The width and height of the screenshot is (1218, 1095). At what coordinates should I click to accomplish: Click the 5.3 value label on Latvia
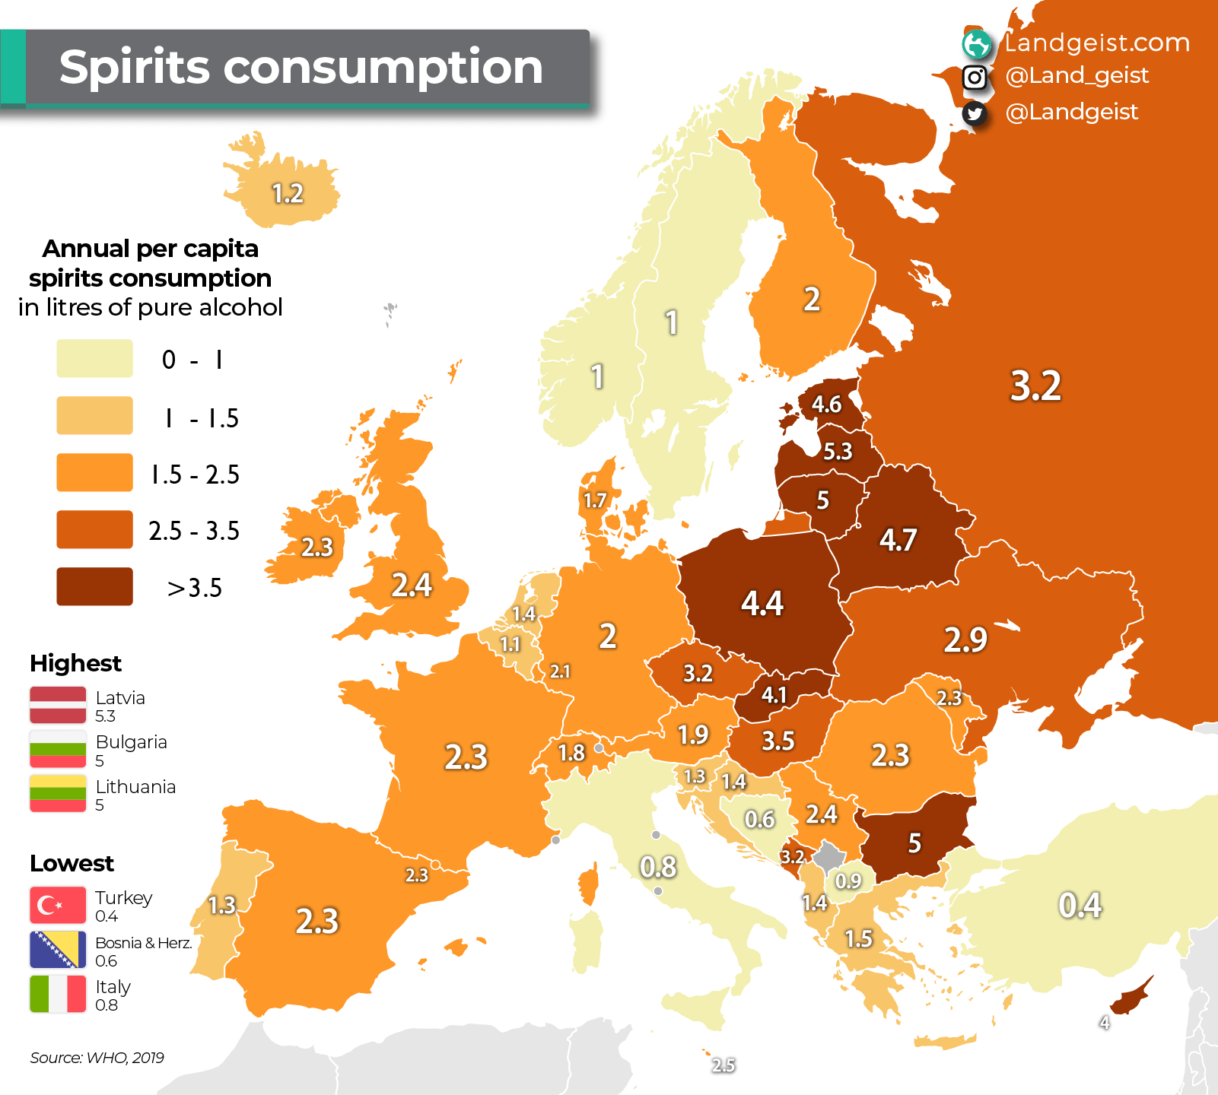[x=838, y=451]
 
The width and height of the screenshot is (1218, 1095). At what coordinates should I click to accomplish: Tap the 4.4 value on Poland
[x=762, y=603]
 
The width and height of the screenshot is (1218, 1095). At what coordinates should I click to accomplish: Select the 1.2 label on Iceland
[x=288, y=193]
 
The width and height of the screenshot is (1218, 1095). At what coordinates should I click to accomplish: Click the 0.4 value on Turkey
[x=1080, y=905]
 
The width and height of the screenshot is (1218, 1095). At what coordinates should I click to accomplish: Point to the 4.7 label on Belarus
[x=898, y=540]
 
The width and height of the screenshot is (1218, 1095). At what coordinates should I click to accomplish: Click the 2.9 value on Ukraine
[x=965, y=640]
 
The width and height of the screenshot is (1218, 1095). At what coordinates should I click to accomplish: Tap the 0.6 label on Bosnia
[x=759, y=819]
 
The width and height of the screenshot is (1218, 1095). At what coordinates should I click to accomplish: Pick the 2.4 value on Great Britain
[x=411, y=585]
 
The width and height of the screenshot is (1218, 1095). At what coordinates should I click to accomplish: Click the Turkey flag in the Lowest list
[x=58, y=905]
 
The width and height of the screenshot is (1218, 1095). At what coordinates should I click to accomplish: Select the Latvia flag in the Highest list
[x=58, y=705]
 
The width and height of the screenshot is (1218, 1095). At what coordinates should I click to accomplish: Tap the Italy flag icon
[x=58, y=994]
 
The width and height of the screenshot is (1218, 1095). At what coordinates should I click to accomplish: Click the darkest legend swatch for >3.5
[x=94, y=586]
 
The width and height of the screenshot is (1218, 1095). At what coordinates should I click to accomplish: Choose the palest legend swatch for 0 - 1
[x=94, y=358]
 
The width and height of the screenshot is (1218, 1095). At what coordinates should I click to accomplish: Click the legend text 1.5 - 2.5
[x=195, y=474]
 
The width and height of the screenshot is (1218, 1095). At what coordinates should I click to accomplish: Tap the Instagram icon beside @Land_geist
[x=975, y=77]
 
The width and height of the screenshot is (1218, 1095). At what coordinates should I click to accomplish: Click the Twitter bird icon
[x=975, y=113]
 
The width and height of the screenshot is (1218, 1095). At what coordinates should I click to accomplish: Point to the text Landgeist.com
[x=1096, y=43]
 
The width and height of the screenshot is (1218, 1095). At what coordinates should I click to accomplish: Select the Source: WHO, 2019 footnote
[x=97, y=1057]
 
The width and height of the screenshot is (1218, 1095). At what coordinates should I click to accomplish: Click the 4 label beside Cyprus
[x=1104, y=1023]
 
